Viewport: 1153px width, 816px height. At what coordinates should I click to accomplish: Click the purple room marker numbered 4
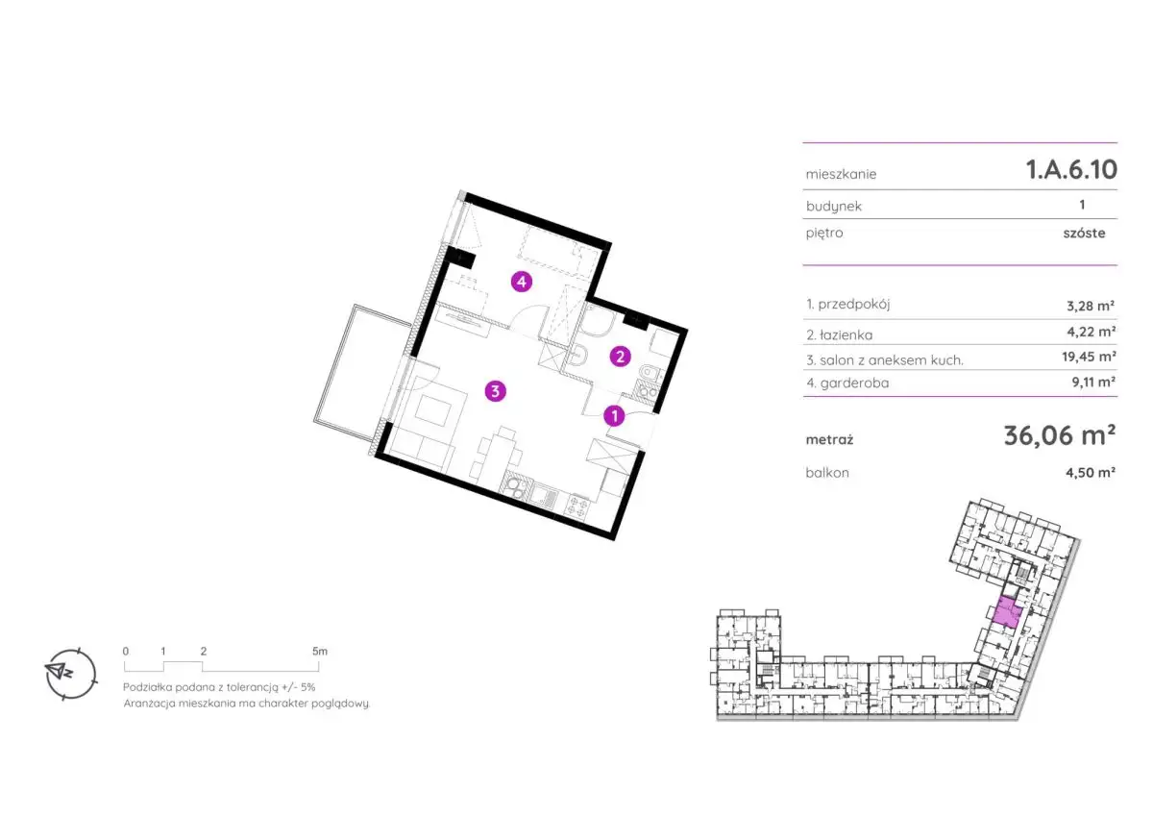522,283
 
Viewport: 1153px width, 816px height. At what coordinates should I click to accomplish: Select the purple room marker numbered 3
495,391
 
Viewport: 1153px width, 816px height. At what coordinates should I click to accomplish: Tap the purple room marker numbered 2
620,357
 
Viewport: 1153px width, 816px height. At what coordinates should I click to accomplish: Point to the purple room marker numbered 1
614,415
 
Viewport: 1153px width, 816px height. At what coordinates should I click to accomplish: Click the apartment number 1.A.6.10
1071,169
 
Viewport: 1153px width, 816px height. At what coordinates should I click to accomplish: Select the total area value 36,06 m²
1060,435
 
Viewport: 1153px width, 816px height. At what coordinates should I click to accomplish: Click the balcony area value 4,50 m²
1091,473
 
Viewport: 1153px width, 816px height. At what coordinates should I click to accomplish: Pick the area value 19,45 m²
1089,357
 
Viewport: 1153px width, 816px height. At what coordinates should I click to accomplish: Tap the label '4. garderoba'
847,383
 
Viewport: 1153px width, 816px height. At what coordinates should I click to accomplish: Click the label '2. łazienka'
840,335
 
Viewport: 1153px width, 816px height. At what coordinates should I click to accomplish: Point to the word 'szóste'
1084,234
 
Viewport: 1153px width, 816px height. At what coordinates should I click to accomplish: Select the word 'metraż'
829,439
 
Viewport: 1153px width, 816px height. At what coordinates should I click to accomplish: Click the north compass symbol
70,674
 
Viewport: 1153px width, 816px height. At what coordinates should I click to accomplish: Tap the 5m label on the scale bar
320,652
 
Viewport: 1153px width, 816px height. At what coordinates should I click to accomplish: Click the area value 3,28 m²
1091,307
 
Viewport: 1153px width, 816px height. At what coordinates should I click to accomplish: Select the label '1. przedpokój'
847,305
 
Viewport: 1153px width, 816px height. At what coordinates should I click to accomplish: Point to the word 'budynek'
833,207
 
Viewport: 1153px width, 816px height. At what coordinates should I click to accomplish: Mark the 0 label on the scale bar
126,652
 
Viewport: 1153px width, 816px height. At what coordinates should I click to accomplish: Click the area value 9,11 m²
1093,382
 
